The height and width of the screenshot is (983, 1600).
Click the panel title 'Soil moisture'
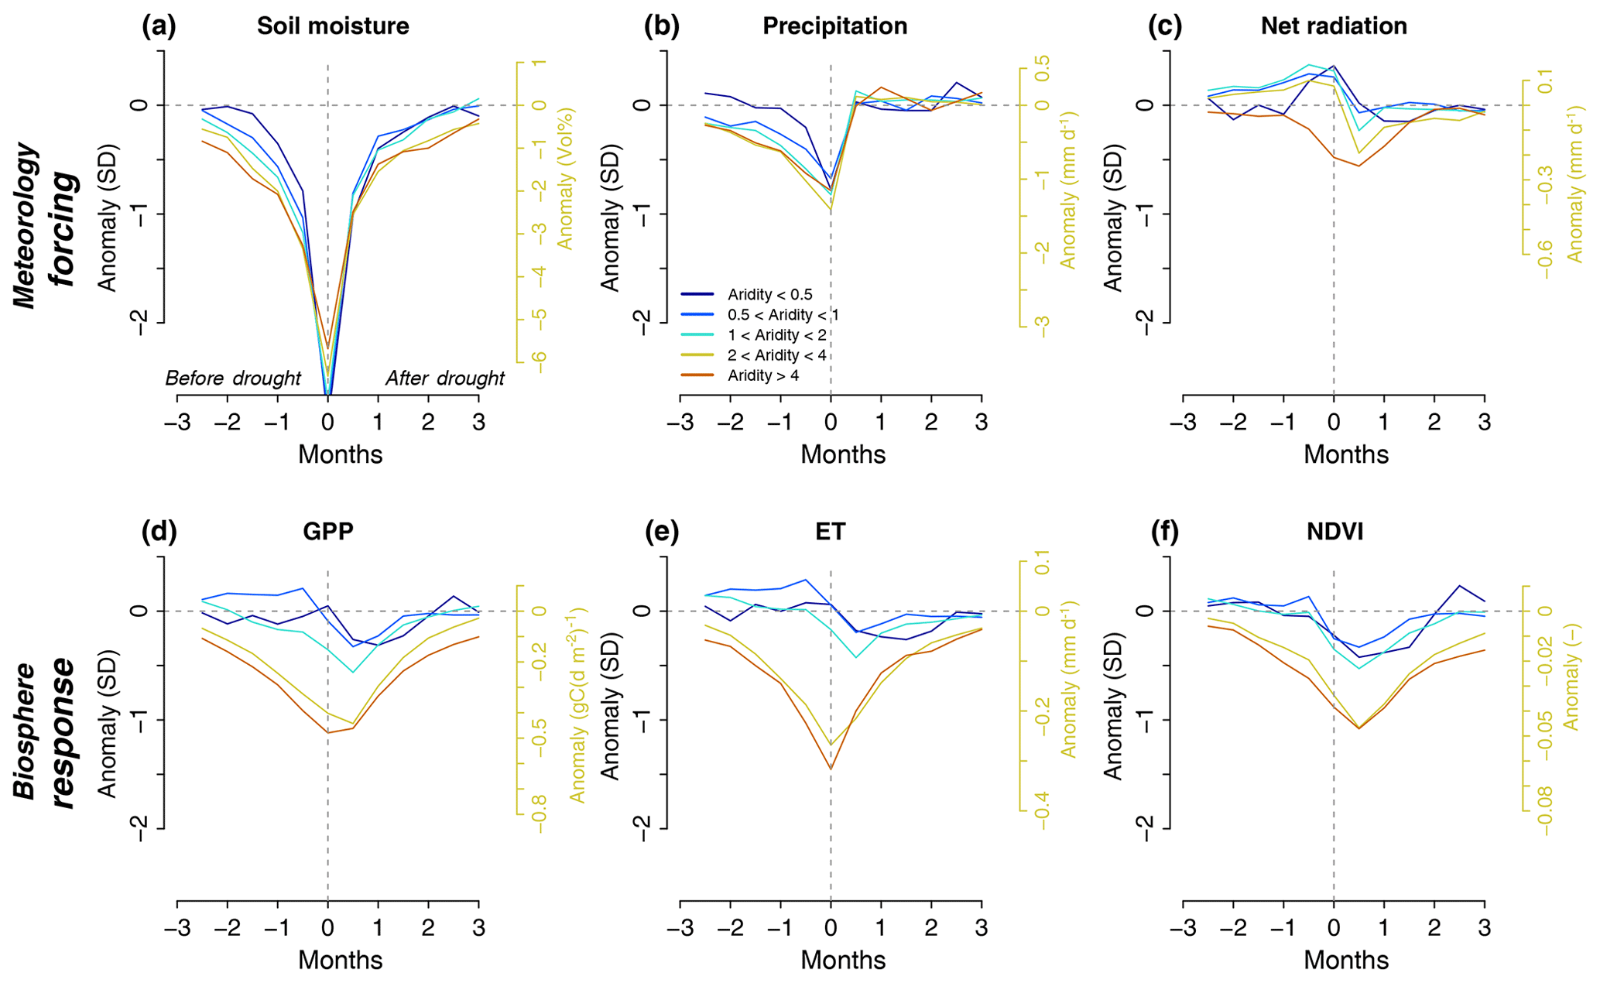click(x=333, y=26)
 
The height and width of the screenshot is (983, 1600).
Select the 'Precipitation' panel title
click(x=834, y=26)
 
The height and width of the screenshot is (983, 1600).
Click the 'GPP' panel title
click(x=328, y=532)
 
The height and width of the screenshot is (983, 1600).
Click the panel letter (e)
click(x=661, y=532)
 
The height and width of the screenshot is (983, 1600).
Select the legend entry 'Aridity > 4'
click(x=762, y=376)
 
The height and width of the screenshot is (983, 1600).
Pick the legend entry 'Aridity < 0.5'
click(x=769, y=295)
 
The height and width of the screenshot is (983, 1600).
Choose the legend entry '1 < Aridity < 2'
click(x=777, y=335)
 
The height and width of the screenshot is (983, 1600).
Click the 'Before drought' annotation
click(x=233, y=378)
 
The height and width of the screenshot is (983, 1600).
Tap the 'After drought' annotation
click(x=445, y=378)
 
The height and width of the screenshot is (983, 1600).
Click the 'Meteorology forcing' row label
click(x=46, y=224)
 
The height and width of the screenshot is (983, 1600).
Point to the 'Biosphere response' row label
click(x=46, y=731)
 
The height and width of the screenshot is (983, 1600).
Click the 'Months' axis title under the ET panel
click(x=843, y=961)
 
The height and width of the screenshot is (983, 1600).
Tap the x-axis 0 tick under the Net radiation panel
click(x=1333, y=423)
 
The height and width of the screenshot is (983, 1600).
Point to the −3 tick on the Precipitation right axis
click(x=1042, y=327)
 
